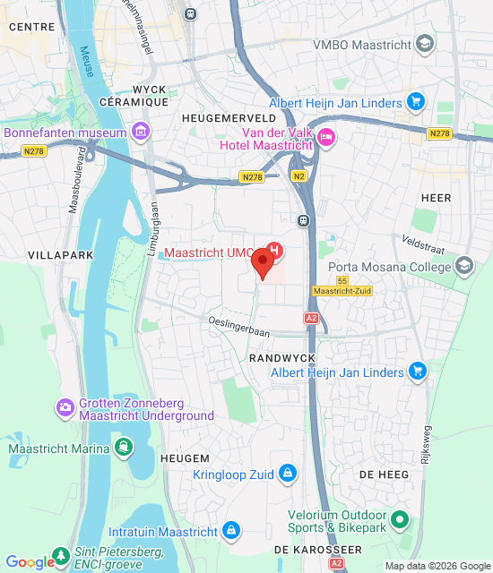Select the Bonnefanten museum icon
[139, 133]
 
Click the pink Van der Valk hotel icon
[325, 136]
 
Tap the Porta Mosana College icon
[464, 265]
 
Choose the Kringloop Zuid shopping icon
[287, 473]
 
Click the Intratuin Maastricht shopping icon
[232, 531]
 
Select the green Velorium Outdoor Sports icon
[401, 517]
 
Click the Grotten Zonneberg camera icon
[65, 408]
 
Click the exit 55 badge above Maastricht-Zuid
[342, 280]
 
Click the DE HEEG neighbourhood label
[377, 473]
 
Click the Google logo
[30, 562]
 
